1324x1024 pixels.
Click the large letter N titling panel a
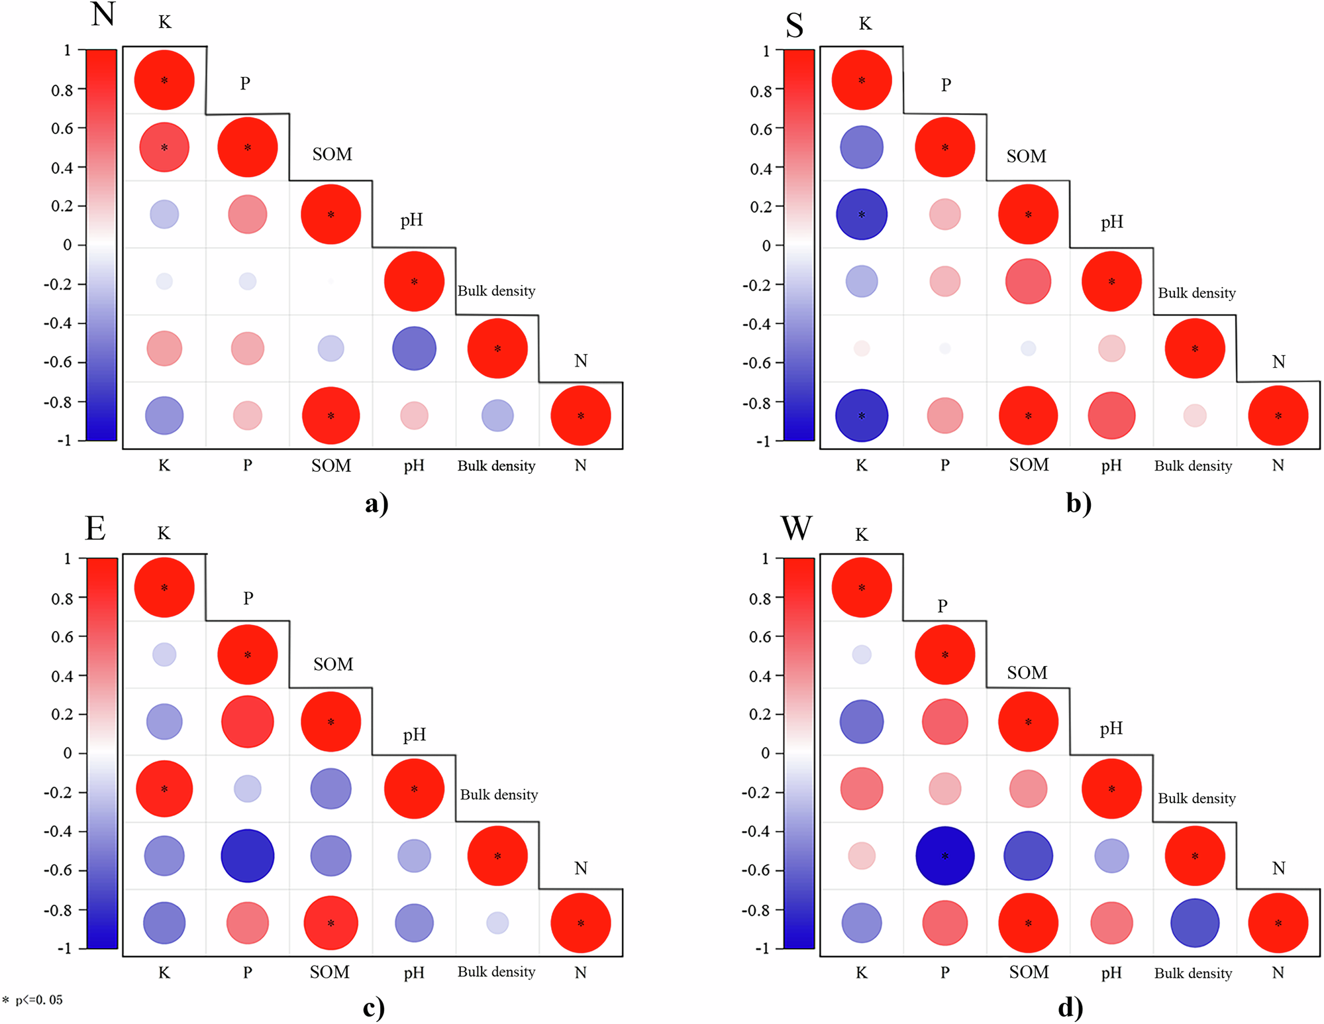[103, 14]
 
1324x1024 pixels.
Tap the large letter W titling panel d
[795, 528]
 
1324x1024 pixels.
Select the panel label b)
[1078, 503]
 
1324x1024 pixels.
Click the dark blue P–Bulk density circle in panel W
[944, 856]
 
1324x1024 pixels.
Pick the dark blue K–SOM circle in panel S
[861, 214]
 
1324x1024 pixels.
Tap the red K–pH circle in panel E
[164, 789]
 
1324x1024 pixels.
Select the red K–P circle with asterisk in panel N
[164, 147]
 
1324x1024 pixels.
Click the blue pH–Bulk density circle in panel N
[414, 348]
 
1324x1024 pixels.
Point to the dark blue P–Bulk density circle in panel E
[247, 856]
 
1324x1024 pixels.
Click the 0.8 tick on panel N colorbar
[63, 90]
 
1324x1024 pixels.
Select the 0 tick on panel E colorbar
[67, 754]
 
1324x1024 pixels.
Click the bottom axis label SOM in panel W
[1029, 972]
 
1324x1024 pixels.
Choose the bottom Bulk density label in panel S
[1193, 466]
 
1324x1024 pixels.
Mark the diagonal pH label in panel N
[411, 220]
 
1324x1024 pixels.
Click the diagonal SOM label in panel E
[332, 664]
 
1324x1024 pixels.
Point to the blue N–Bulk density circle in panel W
[1194, 923]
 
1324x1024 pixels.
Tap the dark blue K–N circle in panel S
[861, 416]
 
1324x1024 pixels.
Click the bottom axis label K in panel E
[164, 972]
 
